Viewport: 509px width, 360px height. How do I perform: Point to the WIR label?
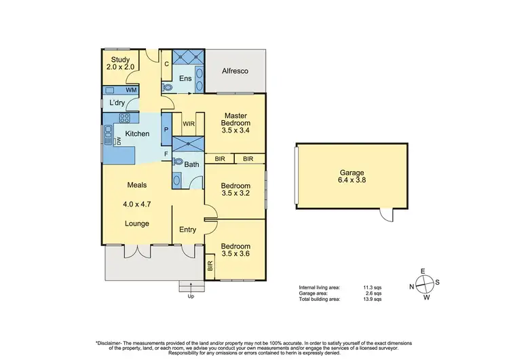click(189, 124)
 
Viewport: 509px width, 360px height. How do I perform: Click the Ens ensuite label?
click(185, 79)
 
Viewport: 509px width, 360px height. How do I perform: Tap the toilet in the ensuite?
click(167, 86)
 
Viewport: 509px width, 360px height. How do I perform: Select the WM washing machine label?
click(130, 90)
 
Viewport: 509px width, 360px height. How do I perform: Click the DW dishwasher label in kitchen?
click(117, 141)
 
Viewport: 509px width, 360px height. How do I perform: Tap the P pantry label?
click(166, 130)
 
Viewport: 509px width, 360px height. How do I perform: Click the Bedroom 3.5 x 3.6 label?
click(235, 250)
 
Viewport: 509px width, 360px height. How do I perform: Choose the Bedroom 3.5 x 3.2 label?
click(235, 190)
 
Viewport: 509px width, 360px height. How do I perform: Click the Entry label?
click(187, 230)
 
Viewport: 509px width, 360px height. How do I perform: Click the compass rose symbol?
click(422, 285)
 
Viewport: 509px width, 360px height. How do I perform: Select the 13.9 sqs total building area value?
click(373, 299)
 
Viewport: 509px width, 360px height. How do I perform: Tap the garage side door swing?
click(387, 215)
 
